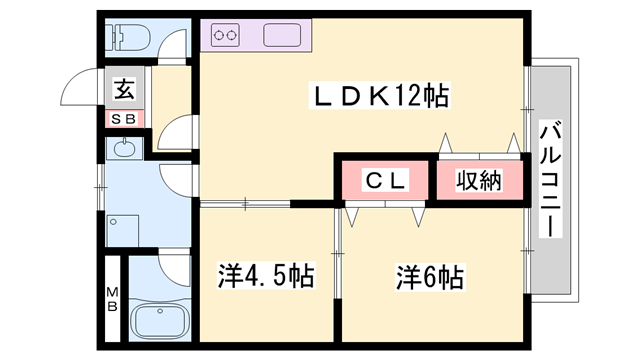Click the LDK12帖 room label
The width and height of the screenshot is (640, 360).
(x=380, y=98)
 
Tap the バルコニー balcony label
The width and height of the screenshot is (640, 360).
(x=550, y=180)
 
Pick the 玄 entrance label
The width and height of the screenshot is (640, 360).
(x=124, y=89)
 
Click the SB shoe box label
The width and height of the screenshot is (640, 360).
(x=124, y=119)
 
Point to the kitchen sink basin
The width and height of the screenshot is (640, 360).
(x=286, y=36)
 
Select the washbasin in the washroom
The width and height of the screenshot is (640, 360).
(x=123, y=151)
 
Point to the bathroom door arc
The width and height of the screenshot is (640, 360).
(x=172, y=268)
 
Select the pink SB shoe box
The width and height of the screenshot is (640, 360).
(x=124, y=119)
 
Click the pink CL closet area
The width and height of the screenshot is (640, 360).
(x=384, y=181)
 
